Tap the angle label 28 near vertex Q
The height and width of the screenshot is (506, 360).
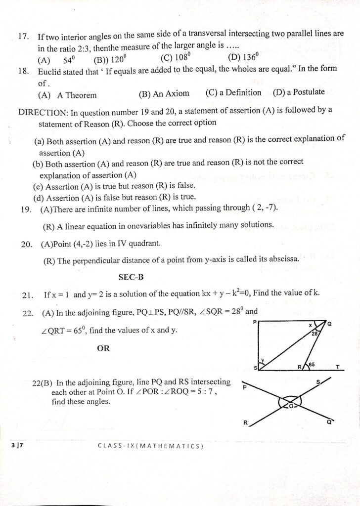[315, 334]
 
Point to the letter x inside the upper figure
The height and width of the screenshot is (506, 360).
[311, 326]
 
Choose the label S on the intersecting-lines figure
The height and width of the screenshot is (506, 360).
[318, 382]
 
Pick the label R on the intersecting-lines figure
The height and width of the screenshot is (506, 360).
[245, 422]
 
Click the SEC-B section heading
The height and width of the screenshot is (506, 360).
[131, 278]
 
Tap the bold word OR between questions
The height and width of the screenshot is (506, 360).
[103, 348]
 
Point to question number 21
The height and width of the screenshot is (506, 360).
[28, 295]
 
